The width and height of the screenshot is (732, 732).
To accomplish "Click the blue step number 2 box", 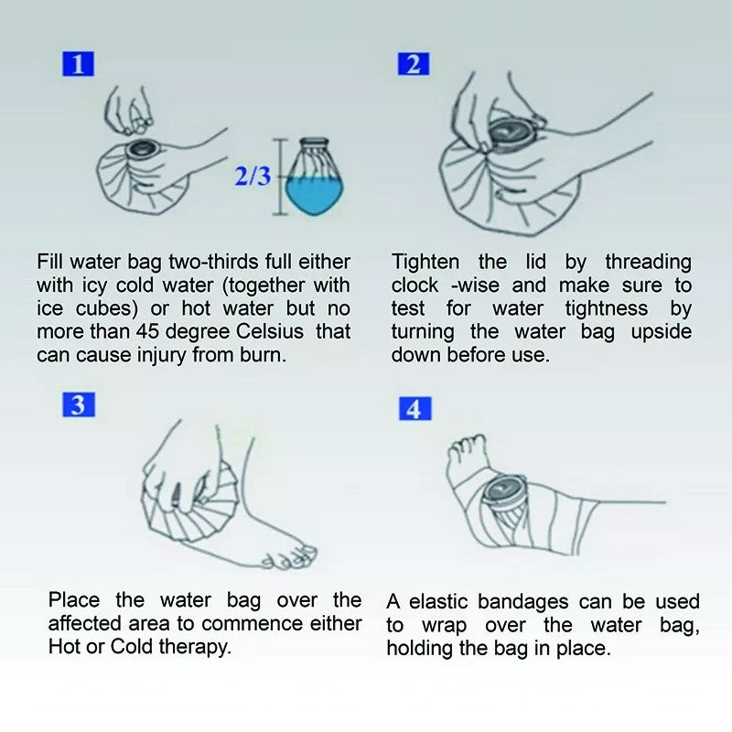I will point(414,64).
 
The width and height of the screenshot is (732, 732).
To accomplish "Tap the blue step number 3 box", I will point(79,404).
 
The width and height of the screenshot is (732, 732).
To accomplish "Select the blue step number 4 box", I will point(414,408).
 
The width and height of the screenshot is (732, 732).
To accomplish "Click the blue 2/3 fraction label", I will point(253,176).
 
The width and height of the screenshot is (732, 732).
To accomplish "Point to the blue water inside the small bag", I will point(316,194).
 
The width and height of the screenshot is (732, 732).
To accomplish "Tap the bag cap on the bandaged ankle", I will point(505,494).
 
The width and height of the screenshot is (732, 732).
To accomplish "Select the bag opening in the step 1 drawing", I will point(144,147).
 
